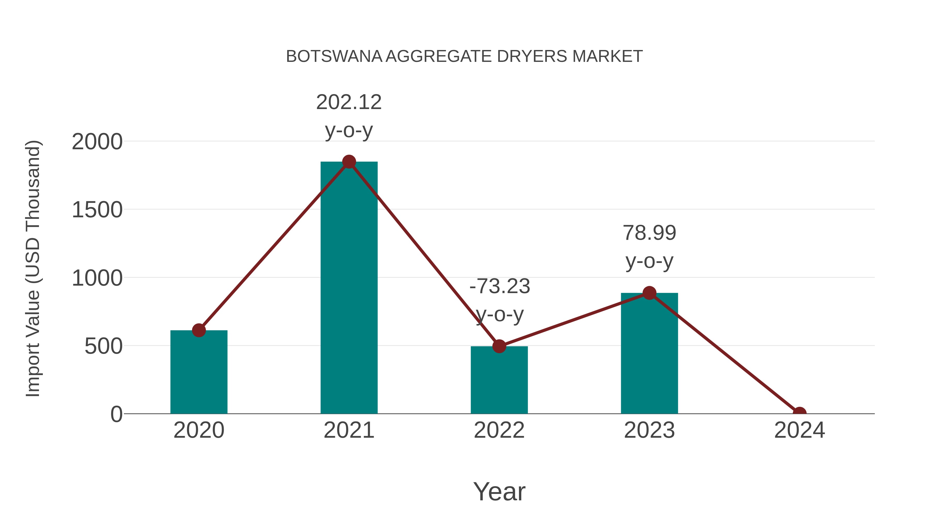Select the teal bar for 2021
(349, 288)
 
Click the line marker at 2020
(199, 330)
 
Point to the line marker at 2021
(349, 162)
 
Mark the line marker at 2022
(499, 346)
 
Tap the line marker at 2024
(799, 413)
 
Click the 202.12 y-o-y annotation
(349, 116)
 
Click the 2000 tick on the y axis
(97, 142)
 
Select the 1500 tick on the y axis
(97, 210)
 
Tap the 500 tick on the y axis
(103, 346)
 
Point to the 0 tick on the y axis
(116, 414)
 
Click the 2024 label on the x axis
(799, 430)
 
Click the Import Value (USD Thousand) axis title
(33, 268)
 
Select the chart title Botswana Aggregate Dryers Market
(464, 56)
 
